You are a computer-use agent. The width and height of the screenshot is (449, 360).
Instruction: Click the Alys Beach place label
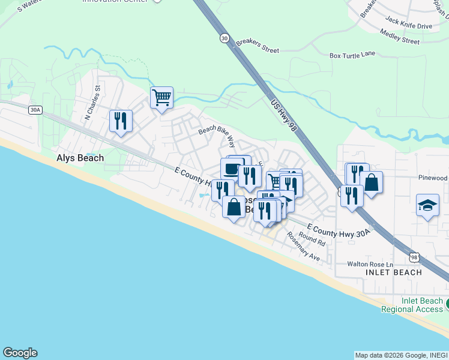[x=80, y=158]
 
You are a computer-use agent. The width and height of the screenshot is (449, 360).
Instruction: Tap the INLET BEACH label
[x=394, y=272]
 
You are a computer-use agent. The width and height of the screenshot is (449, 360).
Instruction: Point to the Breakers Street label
[x=257, y=46]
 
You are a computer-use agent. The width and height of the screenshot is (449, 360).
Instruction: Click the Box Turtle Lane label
[x=352, y=55]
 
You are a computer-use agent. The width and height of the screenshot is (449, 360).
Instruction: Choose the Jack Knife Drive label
[x=408, y=26]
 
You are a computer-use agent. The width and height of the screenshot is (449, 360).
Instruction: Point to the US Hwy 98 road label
[x=285, y=115]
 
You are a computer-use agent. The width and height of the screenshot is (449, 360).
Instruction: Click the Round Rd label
[x=312, y=240]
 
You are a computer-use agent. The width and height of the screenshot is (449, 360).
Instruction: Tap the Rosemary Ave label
[x=303, y=246]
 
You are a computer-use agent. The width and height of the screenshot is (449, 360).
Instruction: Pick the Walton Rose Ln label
[x=370, y=264]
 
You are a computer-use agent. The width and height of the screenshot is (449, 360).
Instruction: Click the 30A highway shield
[x=35, y=109]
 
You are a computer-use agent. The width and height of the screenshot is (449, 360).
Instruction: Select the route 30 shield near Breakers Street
[x=224, y=38]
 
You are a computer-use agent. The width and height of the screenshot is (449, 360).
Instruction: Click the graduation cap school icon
[x=427, y=205]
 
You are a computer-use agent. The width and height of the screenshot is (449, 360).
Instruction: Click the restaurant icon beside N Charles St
[x=121, y=121]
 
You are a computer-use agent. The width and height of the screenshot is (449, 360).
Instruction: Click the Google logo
[x=20, y=353]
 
